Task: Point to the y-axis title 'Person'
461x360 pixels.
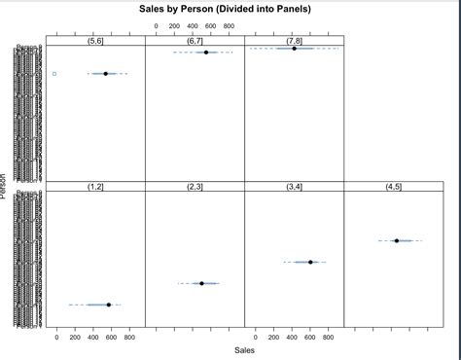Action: coord(5,185)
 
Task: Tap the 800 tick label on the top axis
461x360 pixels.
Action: coord(229,26)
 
